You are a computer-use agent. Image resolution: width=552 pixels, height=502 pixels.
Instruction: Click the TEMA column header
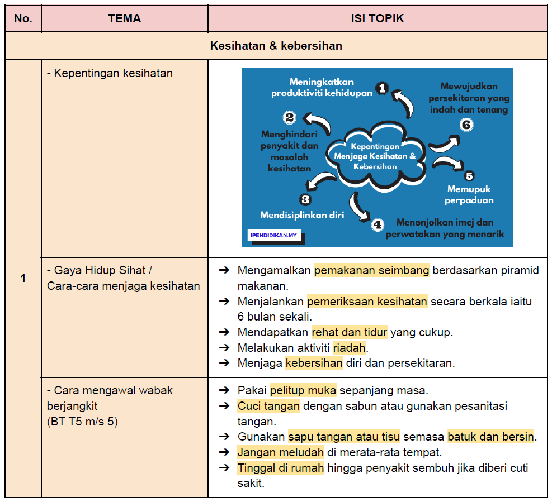[124, 18]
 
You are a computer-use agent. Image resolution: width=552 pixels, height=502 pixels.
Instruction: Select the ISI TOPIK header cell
[378, 18]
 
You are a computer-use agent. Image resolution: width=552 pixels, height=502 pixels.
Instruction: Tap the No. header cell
[23, 18]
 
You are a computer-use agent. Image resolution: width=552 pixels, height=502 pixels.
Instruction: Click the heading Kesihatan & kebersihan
[276, 46]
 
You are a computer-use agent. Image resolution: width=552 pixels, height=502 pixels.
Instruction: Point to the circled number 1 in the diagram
[382, 88]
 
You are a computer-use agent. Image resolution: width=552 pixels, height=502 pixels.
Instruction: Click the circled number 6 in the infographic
[466, 125]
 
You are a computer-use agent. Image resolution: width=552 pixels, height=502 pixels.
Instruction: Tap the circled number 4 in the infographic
[378, 224]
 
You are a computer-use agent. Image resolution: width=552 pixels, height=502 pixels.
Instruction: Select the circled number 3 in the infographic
[305, 200]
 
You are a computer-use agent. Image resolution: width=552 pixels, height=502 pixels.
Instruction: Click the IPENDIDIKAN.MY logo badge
[274, 235]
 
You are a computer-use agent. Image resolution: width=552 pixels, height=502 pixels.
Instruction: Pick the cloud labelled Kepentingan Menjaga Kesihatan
[375, 157]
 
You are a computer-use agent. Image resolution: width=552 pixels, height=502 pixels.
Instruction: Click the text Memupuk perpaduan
[469, 194]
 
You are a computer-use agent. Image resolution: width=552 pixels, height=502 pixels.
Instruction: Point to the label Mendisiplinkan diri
[302, 215]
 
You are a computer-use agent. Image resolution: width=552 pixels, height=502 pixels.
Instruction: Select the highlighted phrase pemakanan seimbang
[371, 270]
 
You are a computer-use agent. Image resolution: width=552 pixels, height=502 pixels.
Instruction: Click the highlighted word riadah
[349, 348]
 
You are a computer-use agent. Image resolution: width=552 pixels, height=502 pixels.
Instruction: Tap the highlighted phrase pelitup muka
[303, 390]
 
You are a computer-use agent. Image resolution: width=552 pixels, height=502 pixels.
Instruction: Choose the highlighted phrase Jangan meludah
[281, 452]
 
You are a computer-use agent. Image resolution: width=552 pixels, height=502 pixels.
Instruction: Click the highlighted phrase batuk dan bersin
[490, 437]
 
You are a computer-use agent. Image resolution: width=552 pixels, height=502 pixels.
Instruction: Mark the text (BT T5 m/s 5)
[82, 421]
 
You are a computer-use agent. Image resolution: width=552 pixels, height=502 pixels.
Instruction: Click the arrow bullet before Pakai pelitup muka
[224, 390]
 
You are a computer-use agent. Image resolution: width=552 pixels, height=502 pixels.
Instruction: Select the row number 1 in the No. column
[23, 278]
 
